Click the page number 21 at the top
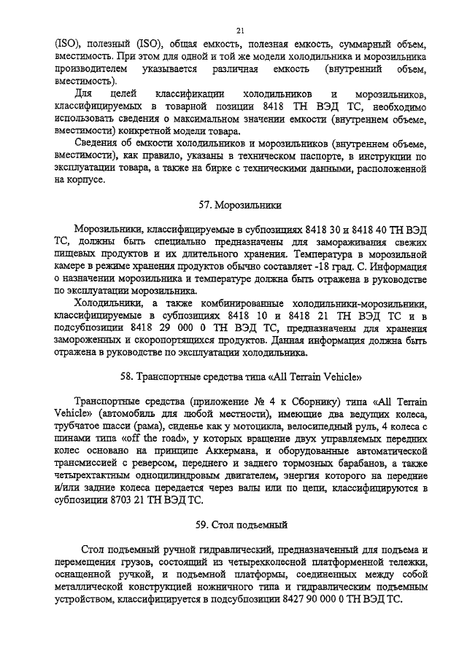click(x=239, y=30)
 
